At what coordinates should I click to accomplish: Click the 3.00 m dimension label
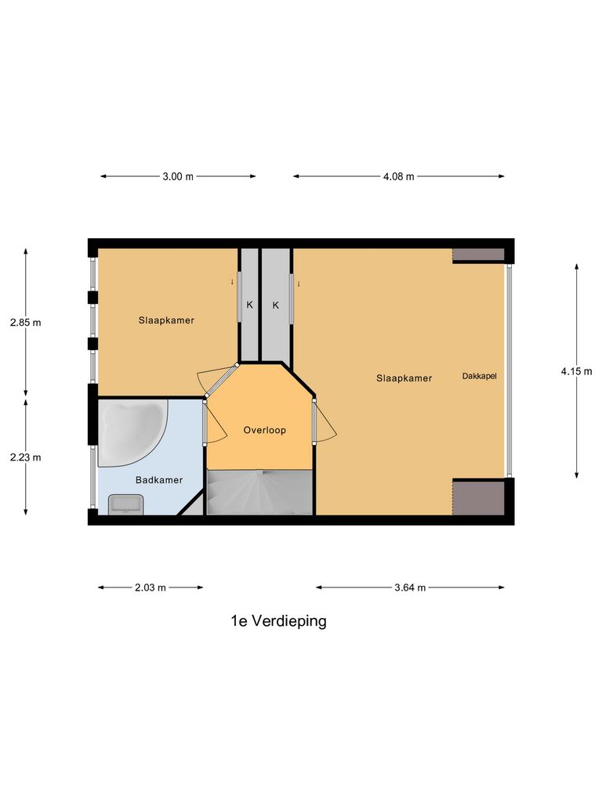[x=178, y=176]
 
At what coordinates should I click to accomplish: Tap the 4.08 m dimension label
[x=398, y=176]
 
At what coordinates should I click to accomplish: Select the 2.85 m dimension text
[x=25, y=322]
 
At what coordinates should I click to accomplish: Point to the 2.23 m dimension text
[x=25, y=457]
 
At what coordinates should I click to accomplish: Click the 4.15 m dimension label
[x=576, y=372]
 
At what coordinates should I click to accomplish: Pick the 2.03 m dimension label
[x=150, y=587]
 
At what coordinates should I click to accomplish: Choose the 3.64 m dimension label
[x=410, y=587]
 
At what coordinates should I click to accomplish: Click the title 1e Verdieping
[x=278, y=621]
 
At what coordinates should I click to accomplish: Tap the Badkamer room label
[x=159, y=480]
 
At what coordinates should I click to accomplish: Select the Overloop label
[x=264, y=430]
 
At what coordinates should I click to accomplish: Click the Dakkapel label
[x=479, y=376]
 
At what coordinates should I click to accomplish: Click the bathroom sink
[x=125, y=504]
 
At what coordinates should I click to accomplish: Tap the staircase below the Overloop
[x=259, y=493]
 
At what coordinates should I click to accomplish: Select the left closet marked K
[x=249, y=305]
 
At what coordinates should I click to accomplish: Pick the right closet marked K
[x=276, y=305]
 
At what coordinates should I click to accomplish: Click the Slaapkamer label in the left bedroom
[x=166, y=320]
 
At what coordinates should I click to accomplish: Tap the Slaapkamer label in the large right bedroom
[x=404, y=378]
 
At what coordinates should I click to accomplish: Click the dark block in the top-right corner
[x=478, y=255]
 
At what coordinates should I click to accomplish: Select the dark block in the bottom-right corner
[x=478, y=497]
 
